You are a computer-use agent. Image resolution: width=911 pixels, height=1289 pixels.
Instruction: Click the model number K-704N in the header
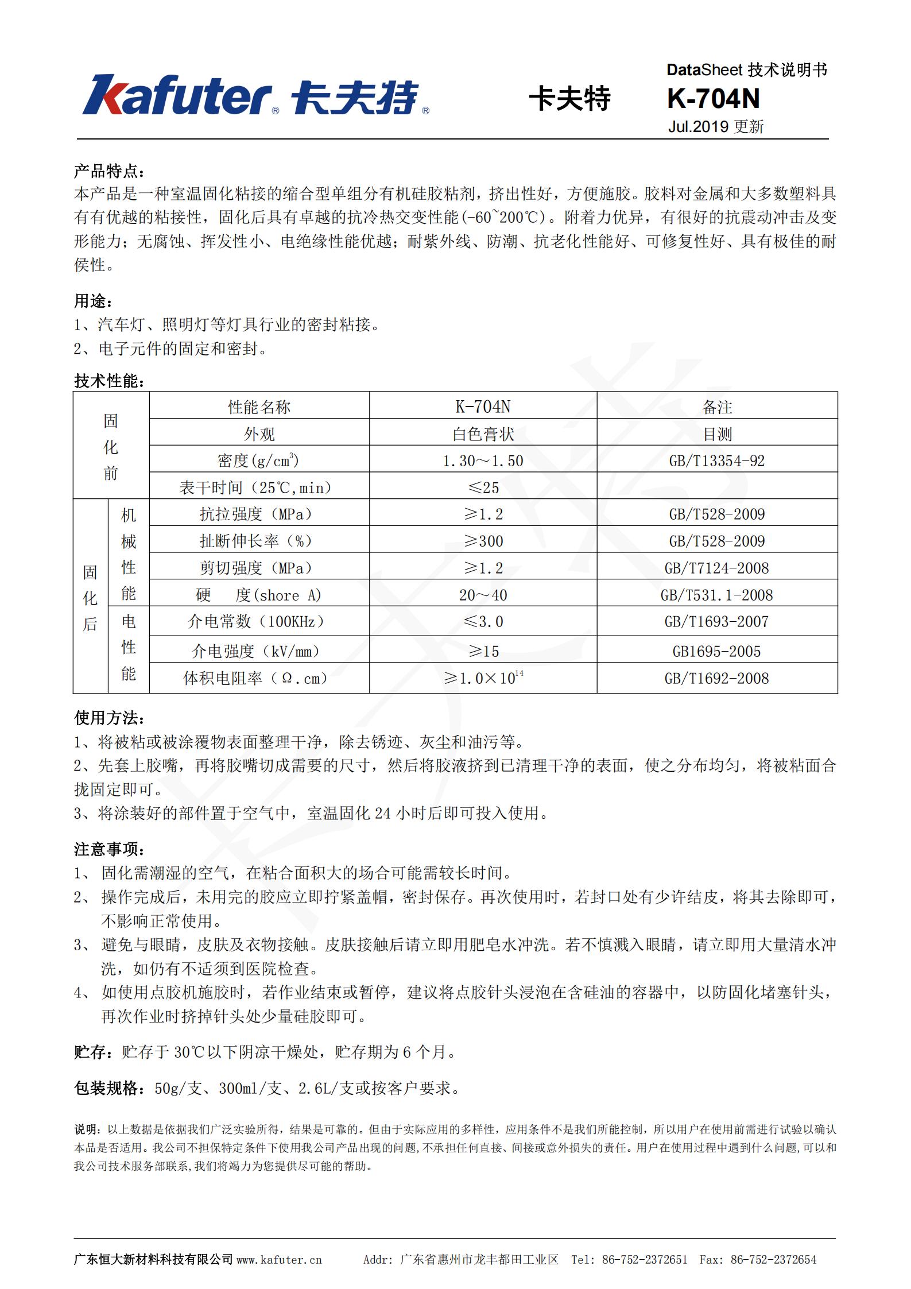[x=713, y=99]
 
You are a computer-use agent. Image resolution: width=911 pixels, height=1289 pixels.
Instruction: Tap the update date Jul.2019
[x=698, y=127]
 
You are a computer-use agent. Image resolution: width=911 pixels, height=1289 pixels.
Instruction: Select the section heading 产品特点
[x=109, y=171]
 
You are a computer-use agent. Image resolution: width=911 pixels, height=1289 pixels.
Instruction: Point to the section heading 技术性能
[x=109, y=381]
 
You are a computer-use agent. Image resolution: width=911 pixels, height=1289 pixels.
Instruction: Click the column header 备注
[x=717, y=407]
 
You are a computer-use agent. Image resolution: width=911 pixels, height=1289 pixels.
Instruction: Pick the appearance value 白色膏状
[x=483, y=434]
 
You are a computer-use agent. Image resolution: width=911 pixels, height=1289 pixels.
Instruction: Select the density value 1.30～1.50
[x=483, y=460]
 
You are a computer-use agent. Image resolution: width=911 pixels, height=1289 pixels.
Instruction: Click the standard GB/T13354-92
[x=717, y=460]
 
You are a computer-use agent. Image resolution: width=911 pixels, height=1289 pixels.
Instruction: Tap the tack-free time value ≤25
[x=483, y=487]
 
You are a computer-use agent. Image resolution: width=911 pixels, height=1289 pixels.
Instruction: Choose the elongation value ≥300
[x=483, y=541]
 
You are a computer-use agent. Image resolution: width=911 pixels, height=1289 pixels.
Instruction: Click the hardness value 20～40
[x=483, y=595]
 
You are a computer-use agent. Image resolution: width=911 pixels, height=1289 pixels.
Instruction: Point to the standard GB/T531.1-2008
[x=717, y=595]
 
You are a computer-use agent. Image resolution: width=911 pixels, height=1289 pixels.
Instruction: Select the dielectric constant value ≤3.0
[x=483, y=621]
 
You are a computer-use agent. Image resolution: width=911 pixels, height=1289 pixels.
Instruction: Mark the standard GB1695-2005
[x=717, y=651]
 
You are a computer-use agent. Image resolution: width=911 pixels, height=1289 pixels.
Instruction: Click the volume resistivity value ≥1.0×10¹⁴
[x=483, y=678]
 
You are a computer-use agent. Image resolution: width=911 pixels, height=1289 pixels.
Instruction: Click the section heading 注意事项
[x=109, y=849]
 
